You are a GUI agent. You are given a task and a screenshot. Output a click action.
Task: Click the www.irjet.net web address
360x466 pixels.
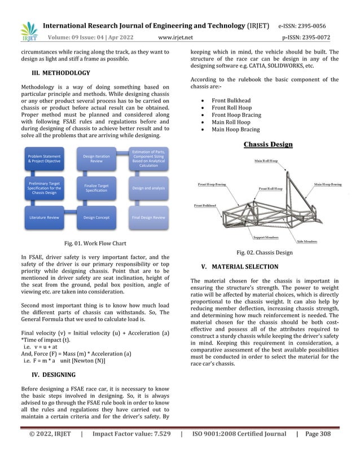click(x=176, y=38)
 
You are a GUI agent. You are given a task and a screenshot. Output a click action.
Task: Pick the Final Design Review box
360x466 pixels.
click(x=149, y=217)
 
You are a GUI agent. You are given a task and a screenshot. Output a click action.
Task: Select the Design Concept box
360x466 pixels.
click(x=96, y=217)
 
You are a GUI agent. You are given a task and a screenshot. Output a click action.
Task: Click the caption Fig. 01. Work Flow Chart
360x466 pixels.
click(x=97, y=243)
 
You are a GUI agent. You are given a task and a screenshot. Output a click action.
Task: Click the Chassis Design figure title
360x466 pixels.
click(x=267, y=144)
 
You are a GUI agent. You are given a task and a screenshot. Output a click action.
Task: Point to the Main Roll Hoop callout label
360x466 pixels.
click(x=266, y=161)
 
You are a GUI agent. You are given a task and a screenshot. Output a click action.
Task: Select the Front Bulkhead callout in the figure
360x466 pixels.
click(x=207, y=206)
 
